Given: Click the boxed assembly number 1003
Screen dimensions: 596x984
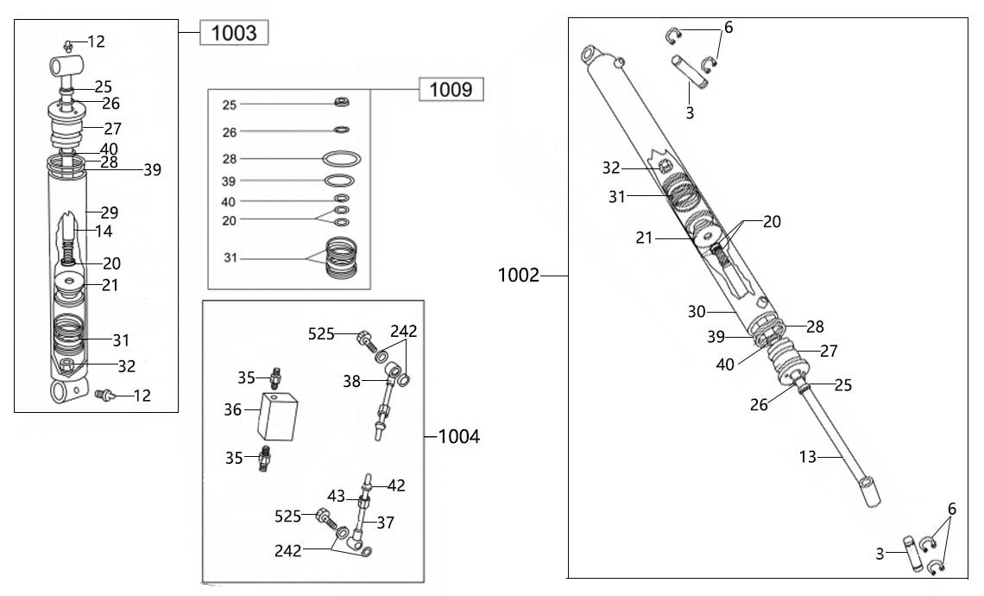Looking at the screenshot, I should (x=234, y=34).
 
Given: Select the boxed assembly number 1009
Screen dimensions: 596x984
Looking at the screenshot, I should (x=451, y=89).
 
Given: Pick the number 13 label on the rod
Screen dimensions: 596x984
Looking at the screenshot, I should (x=808, y=458).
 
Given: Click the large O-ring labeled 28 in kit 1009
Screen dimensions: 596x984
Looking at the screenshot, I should (x=341, y=159).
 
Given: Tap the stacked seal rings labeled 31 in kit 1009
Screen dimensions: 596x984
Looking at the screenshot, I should (x=341, y=259).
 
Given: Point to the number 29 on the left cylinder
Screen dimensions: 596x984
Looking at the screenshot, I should (x=109, y=212).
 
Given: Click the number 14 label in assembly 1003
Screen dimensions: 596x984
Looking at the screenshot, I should (x=103, y=231).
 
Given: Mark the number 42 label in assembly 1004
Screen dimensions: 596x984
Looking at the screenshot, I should (x=396, y=485).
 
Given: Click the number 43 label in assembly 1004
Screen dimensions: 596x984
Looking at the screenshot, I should (x=336, y=496).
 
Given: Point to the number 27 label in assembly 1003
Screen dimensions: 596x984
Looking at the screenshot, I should (x=112, y=130).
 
